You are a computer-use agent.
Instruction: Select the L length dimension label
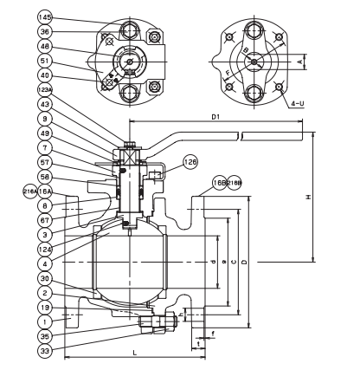[x=135, y=354]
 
